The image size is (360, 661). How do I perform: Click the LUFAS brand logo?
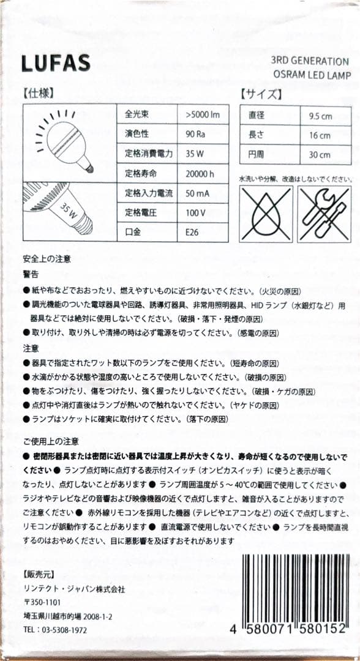pos(56,62)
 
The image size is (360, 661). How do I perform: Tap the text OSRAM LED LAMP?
pos(312,75)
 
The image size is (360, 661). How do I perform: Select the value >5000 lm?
pos(202,114)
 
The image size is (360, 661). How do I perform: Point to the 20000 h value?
pos(200,174)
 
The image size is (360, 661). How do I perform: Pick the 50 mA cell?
pos(197,193)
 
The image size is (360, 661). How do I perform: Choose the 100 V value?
pos(195,212)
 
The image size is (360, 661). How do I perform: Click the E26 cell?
pos(192,233)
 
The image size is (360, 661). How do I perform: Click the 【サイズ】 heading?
pos(261,94)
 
